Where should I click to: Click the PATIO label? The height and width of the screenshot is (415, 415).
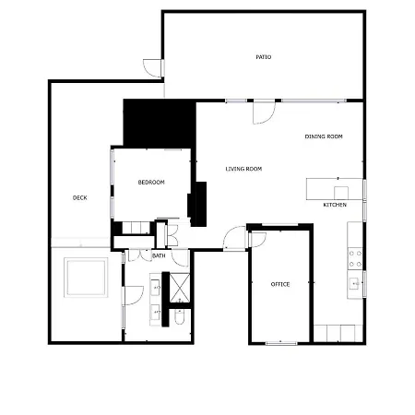(264, 57)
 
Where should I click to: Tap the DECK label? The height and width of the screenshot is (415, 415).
(80, 197)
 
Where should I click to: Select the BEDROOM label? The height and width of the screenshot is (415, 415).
(151, 183)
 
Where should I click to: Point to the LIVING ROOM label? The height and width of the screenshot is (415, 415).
(244, 169)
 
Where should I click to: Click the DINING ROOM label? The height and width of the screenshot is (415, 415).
(324, 136)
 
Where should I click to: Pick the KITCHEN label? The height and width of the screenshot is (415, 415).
(335, 204)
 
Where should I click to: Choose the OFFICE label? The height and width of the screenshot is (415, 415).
(280, 284)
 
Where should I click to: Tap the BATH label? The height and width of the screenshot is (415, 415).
(159, 255)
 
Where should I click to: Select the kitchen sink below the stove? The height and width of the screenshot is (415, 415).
(354, 283)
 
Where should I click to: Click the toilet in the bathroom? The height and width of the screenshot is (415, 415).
(180, 318)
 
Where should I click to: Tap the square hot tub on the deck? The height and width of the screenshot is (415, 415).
(85, 277)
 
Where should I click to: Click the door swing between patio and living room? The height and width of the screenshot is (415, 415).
(264, 111)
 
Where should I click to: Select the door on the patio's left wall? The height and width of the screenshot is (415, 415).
(153, 67)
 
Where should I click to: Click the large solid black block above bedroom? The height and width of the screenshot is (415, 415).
(159, 122)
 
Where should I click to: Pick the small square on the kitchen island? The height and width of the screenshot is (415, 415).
(341, 193)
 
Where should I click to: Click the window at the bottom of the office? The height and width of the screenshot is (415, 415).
(280, 343)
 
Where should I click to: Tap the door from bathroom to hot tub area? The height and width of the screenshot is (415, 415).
(132, 295)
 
